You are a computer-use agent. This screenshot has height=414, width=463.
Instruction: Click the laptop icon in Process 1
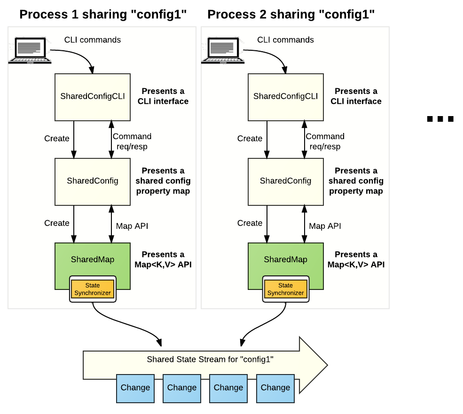[x=30, y=49]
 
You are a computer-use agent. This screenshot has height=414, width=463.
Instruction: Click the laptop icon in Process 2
[x=223, y=49]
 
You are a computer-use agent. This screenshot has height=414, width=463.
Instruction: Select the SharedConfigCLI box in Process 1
[x=93, y=96]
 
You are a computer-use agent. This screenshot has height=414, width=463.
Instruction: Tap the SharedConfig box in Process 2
[x=285, y=181]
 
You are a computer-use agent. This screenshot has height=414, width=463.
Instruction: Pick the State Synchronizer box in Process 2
[x=285, y=289]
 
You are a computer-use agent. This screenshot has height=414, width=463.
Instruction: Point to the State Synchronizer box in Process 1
[x=93, y=289]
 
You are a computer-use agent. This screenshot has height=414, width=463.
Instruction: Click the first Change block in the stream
[x=135, y=388]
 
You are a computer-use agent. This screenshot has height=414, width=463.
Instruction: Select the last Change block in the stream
[x=275, y=388]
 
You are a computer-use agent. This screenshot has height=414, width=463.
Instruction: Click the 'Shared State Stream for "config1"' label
[x=210, y=359]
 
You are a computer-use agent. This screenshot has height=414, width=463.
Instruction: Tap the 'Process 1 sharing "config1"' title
[x=103, y=15]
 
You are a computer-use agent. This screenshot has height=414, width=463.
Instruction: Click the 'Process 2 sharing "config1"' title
[x=291, y=15]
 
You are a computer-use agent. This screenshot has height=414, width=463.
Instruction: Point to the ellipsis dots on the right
[x=440, y=119]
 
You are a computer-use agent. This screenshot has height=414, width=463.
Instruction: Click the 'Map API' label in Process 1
[x=132, y=226]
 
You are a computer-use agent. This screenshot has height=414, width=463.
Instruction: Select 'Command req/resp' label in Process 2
[x=325, y=141]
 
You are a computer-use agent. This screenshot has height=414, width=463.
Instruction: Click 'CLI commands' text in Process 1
[x=93, y=40]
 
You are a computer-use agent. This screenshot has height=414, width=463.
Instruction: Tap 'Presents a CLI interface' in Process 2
[x=356, y=96]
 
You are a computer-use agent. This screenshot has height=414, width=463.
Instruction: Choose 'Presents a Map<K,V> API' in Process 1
[x=163, y=259]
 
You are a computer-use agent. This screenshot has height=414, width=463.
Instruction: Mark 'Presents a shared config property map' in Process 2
[x=356, y=181]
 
